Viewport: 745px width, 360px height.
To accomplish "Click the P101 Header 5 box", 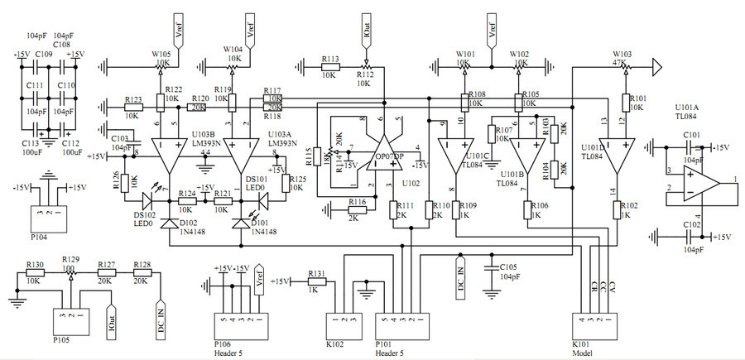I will coord(402,326).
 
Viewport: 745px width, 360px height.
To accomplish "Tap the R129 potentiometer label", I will coord(70,260).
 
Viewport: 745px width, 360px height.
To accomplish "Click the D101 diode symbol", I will coord(242,223).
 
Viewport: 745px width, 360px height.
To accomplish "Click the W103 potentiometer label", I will coord(622,50).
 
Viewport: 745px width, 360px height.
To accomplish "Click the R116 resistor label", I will coord(358,202).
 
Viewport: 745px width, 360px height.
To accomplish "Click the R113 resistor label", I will coord(331,60).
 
